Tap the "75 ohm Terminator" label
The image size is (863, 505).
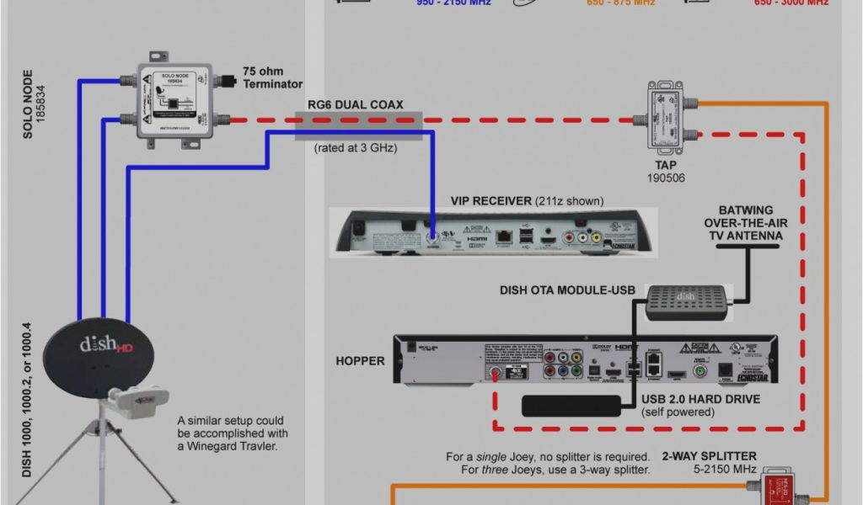(272, 77)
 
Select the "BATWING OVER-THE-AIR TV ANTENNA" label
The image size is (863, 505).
(743, 223)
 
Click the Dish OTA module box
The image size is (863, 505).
(687, 300)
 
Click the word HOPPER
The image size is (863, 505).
(360, 361)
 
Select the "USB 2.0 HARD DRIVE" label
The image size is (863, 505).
(701, 399)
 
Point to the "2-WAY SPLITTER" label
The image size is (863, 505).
(709, 456)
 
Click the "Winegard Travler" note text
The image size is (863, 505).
(230, 433)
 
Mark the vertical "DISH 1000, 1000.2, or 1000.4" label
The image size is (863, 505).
(27, 399)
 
